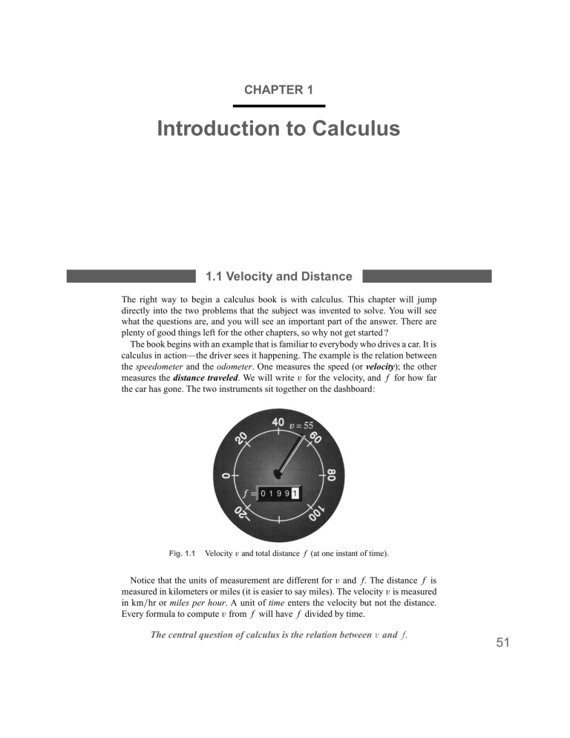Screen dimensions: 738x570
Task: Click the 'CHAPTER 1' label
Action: click(x=278, y=90)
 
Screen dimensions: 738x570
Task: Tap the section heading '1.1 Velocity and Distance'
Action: click(x=278, y=277)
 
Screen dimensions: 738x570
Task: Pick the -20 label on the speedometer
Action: click(x=242, y=512)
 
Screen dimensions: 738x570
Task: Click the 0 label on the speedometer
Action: click(x=223, y=473)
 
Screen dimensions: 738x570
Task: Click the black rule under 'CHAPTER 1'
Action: click(x=285, y=105)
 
